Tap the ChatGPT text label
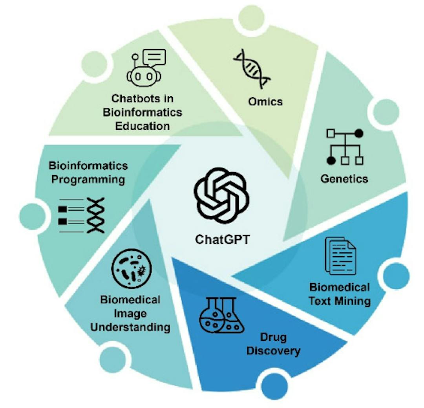tap(222, 239)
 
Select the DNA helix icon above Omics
tap(252, 68)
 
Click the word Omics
tap(265, 101)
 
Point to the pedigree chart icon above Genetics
tap(344, 147)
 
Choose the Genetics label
tap(344, 179)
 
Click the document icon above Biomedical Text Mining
tap(340, 256)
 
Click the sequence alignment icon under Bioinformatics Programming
tap(82, 215)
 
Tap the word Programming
tap(88, 180)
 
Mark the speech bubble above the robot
tap(155, 58)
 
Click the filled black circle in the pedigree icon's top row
tap(359, 134)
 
